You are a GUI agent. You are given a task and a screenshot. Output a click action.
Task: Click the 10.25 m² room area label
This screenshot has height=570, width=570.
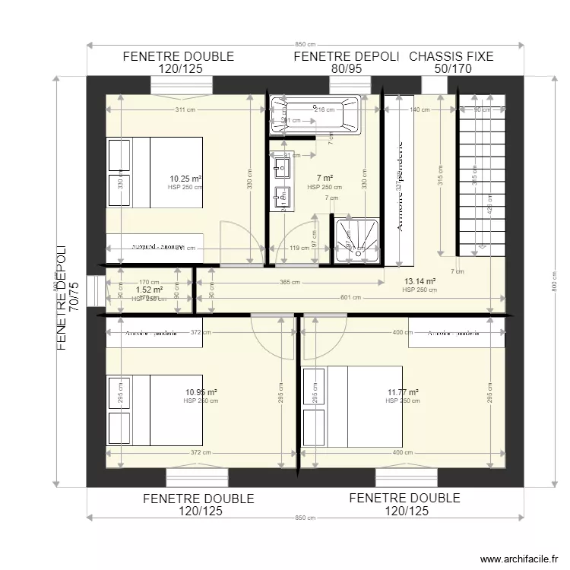[x=185, y=179]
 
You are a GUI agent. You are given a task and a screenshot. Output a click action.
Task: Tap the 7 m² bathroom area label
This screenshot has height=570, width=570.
[x=322, y=179]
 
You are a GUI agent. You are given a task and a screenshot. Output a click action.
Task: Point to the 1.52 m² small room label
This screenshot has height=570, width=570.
[x=149, y=290]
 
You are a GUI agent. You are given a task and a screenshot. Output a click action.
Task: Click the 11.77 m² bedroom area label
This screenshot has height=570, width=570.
[x=403, y=393]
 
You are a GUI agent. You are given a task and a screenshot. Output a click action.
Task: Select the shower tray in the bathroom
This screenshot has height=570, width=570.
[x=356, y=238]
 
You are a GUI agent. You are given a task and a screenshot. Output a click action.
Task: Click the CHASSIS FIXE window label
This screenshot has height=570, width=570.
[x=451, y=56]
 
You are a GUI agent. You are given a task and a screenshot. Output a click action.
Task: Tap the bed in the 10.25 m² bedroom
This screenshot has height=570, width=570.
[x=154, y=172]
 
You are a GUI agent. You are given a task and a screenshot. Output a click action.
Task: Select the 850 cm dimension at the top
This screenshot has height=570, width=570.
[x=306, y=44]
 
